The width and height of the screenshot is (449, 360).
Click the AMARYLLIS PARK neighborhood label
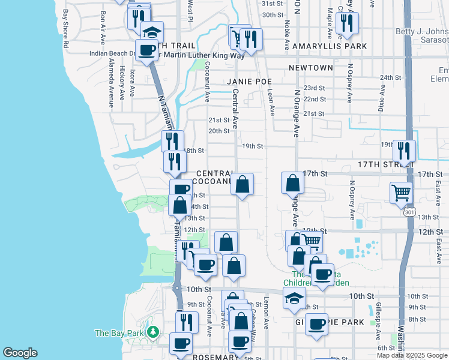336,46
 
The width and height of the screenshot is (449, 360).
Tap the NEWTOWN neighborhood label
310,68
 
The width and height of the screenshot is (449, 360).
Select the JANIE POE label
249,81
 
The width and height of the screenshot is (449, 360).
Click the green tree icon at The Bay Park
152,332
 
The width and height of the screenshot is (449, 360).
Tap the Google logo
20,353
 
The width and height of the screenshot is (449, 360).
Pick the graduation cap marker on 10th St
294,298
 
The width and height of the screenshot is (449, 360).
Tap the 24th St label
390,77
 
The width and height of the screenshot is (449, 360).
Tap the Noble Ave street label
288,34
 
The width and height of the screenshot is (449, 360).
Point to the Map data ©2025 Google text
412,355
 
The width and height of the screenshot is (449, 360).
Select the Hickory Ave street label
122,82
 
